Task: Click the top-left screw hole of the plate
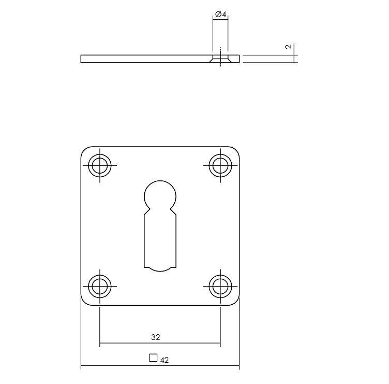[x=100, y=166]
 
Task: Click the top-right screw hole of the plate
[x=220, y=166]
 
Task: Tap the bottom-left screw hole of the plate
[x=100, y=286]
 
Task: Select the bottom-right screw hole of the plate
[x=220, y=286]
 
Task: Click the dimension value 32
[x=156, y=337]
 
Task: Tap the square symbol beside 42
[x=153, y=358]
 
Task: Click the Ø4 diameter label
[x=220, y=14]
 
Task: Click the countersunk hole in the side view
[x=220, y=59]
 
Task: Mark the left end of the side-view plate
[x=82, y=59]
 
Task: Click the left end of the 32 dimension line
[x=100, y=344]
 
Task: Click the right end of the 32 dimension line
[x=220, y=344]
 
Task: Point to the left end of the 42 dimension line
[x=81, y=368]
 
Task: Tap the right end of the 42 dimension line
[x=240, y=368]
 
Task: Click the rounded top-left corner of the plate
[x=85, y=150]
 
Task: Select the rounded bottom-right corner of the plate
[x=236, y=302]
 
